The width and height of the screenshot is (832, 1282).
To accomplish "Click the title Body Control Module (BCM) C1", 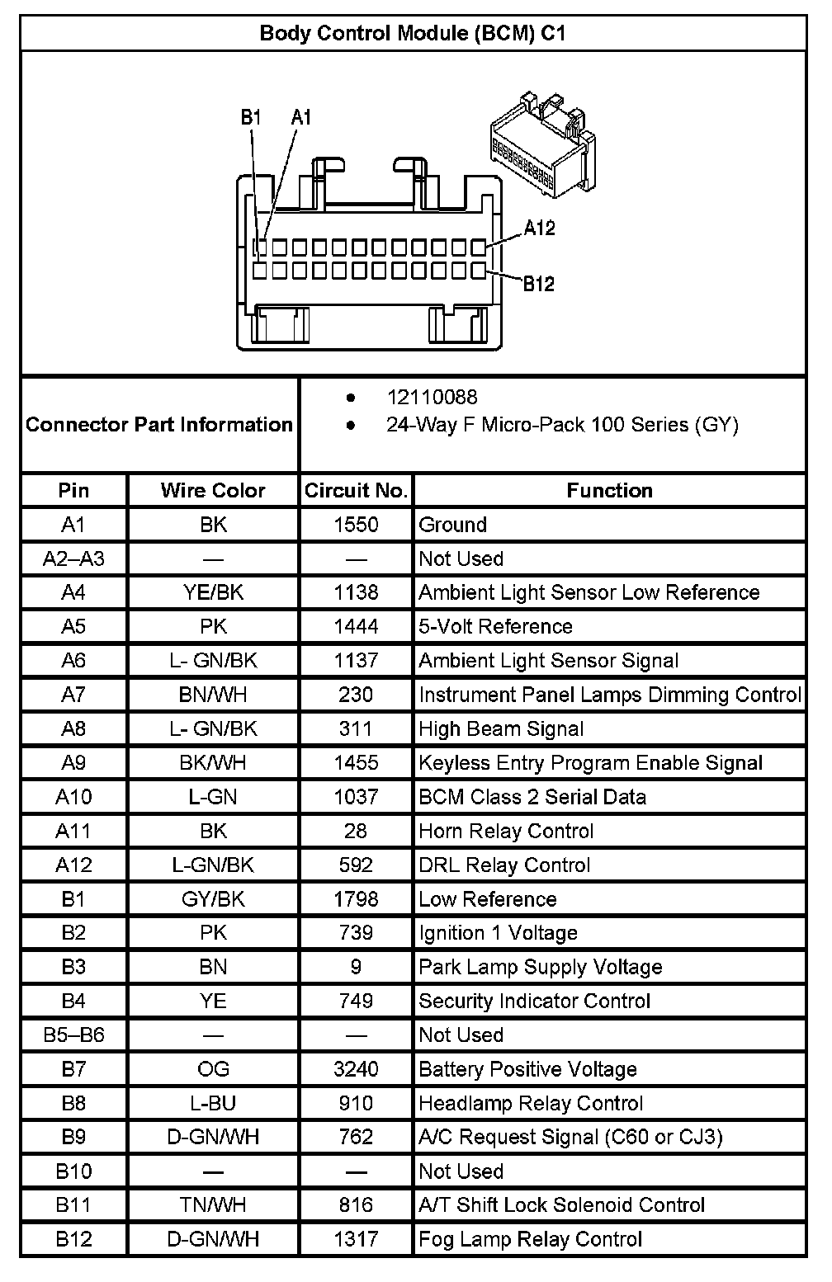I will [412, 33].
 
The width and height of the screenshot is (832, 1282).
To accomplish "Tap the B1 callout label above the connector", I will [251, 117].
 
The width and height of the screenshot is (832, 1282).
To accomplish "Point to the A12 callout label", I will [539, 228].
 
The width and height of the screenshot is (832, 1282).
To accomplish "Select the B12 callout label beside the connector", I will [538, 284].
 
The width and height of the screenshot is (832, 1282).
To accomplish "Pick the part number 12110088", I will [432, 398].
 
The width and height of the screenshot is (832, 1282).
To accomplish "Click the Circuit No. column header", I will [356, 491].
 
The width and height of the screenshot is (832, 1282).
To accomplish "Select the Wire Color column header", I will [213, 491].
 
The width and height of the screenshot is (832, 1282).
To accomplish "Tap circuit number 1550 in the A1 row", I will [356, 525].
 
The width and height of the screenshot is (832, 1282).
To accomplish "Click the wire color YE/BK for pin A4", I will [213, 592].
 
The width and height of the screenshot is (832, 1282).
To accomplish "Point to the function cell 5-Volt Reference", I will [495, 626].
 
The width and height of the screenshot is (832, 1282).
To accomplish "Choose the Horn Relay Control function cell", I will [506, 831].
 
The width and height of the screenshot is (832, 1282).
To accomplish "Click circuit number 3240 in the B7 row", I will [356, 1069].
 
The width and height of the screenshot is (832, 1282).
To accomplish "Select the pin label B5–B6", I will [73, 1035].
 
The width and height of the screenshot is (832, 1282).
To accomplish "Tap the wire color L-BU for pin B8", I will [213, 1103].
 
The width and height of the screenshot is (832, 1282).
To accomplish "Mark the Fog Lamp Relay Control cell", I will [530, 1239].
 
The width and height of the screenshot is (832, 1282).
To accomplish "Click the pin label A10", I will [73, 797].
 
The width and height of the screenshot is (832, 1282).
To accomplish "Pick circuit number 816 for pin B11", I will [356, 1205].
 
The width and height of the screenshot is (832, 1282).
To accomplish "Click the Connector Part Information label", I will [159, 425].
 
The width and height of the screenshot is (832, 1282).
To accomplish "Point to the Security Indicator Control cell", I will [534, 1001].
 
